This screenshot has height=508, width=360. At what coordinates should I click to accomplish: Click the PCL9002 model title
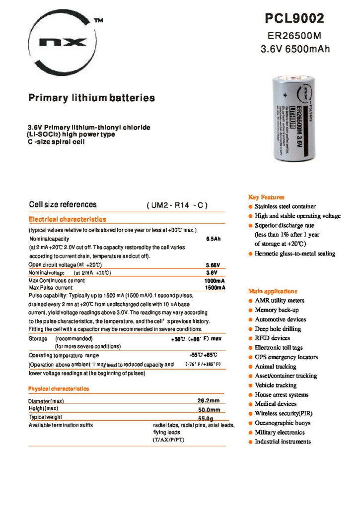294,19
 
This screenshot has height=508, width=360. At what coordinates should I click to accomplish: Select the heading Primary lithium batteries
91,98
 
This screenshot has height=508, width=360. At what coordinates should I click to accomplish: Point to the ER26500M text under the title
295,36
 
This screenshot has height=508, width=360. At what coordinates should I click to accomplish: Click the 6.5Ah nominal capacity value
213,239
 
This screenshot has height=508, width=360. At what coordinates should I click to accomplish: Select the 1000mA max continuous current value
215,281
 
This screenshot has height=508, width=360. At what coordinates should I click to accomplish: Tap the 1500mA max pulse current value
215,288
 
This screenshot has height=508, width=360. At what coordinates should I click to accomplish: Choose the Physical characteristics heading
59,388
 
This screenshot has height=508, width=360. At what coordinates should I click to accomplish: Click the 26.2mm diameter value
209,400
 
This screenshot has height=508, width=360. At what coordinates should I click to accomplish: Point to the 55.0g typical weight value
209,418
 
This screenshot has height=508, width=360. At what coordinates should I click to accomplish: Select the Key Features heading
266,197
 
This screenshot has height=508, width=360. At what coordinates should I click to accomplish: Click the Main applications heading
273,291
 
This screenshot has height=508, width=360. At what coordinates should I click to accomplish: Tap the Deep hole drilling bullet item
278,329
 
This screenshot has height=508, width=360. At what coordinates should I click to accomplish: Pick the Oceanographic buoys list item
283,423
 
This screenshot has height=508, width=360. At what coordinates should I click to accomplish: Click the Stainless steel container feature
285,206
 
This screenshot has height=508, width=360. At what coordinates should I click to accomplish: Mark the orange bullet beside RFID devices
251,338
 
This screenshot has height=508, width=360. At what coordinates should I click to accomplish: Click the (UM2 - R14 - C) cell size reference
177,205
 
